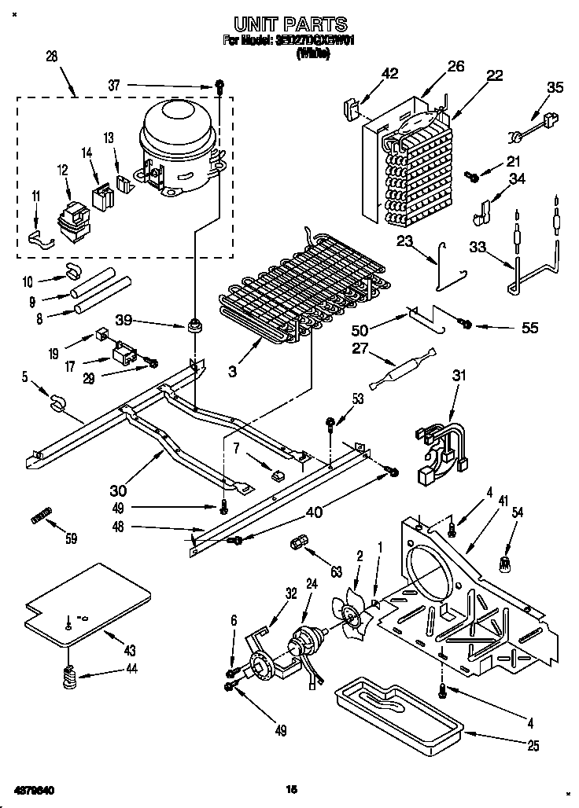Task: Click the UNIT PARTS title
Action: click(x=290, y=25)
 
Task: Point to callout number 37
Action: click(x=116, y=86)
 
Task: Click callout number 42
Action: click(x=389, y=74)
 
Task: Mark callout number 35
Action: click(x=555, y=87)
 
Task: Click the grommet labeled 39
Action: click(x=194, y=325)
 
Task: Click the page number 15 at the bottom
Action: click(x=289, y=788)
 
